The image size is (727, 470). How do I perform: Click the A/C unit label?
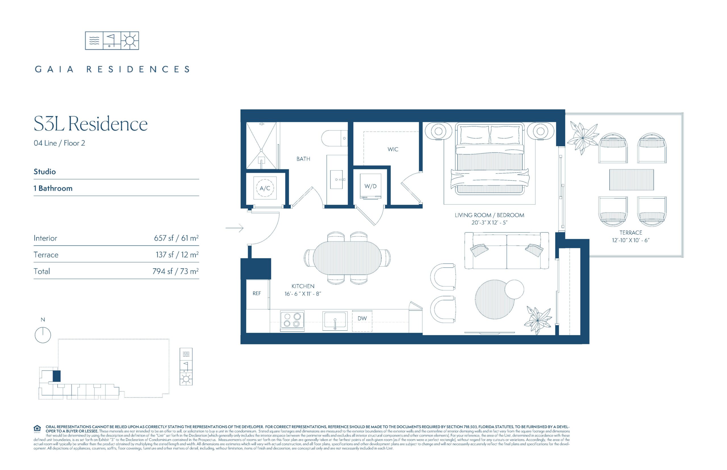[265, 188]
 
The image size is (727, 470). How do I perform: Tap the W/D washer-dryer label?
[370, 186]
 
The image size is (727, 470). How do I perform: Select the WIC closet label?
[393, 149]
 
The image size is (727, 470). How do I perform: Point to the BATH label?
[303, 159]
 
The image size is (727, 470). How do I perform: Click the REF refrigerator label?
[256, 293]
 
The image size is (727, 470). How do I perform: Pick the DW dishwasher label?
[362, 318]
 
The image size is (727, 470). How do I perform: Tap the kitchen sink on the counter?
[335, 320]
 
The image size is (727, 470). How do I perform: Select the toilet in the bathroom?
[334, 138]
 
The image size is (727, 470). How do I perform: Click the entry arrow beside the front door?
[234, 228]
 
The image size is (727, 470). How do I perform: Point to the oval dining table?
[347, 258]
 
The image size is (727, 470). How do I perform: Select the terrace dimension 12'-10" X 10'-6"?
[630, 240]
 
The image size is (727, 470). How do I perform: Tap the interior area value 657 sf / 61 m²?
[176, 238]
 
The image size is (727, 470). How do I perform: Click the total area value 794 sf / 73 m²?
[176, 271]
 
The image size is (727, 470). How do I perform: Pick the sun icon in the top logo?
[130, 41]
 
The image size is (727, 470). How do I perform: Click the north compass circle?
[43, 335]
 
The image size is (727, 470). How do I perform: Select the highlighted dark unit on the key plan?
[57, 376]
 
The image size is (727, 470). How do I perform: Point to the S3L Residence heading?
[91, 124]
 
